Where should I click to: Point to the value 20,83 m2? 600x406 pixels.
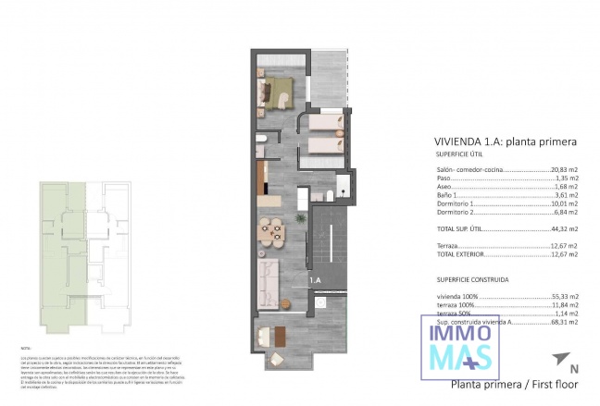pos(560,170)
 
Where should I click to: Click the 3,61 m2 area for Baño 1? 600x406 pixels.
pos(564,196)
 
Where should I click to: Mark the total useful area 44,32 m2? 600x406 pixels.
pos(560,228)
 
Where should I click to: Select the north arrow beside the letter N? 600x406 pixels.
pos(558,360)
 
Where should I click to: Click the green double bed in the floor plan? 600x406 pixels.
pos(278,90)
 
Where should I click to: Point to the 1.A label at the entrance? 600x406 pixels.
pos(314,279)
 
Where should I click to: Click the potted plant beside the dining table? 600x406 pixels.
pos(299,217)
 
